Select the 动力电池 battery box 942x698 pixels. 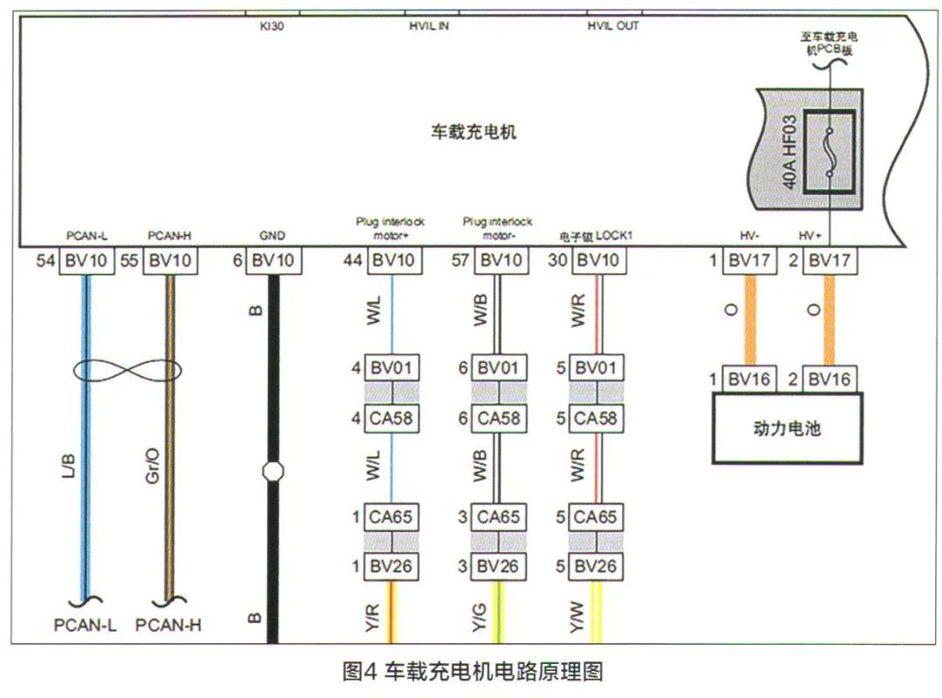tap(788, 428)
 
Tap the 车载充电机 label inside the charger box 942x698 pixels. tap(474, 132)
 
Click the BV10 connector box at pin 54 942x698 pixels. tap(86, 260)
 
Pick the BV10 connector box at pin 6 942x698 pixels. tap(273, 260)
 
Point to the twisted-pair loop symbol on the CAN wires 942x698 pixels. tap(127, 372)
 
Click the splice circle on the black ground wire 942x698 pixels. tap(273, 472)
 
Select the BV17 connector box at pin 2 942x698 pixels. tap(829, 260)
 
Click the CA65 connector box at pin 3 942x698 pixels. tap(498, 517)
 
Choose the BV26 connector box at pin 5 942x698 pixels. tap(595, 566)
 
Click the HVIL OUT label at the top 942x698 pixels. tap(612, 26)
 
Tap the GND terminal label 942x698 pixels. tap(272, 236)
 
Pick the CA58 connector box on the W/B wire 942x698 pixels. tap(498, 418)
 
